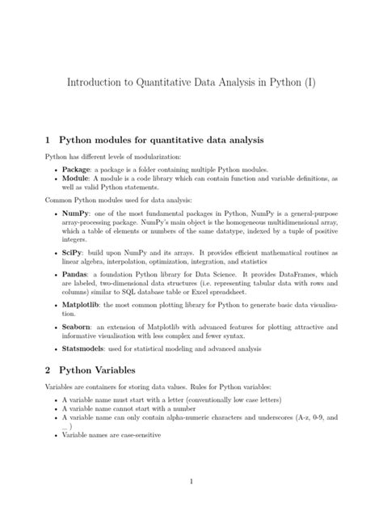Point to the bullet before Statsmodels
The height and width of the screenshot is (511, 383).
pos(54,349)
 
